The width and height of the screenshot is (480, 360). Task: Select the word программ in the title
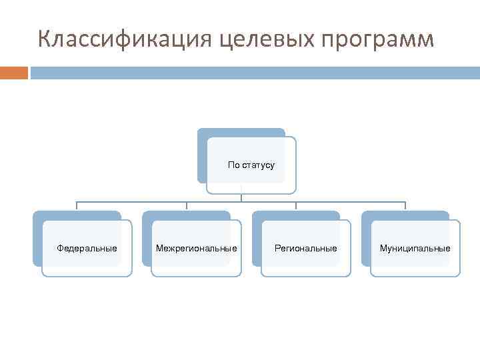[x=377, y=40]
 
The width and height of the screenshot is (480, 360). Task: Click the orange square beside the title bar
[x=13, y=73]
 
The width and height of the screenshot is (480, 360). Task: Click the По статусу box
[x=251, y=165]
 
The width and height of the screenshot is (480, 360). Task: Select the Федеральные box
[x=87, y=248]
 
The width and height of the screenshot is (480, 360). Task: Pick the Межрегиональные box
[x=196, y=248]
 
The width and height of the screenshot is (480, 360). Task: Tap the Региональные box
[x=305, y=248]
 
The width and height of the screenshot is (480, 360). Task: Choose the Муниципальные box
[x=415, y=248]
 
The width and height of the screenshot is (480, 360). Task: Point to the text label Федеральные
[x=87, y=248]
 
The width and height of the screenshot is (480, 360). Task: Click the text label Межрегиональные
[x=196, y=248]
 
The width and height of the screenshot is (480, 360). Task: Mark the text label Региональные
[x=305, y=248]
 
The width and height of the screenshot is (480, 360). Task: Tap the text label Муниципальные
[x=415, y=248]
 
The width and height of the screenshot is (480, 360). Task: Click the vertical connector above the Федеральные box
[x=77, y=205]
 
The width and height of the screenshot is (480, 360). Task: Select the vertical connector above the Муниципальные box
[x=405, y=205]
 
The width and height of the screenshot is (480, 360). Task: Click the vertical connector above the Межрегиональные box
[x=186, y=205]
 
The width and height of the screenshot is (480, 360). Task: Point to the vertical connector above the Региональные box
[x=296, y=205]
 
